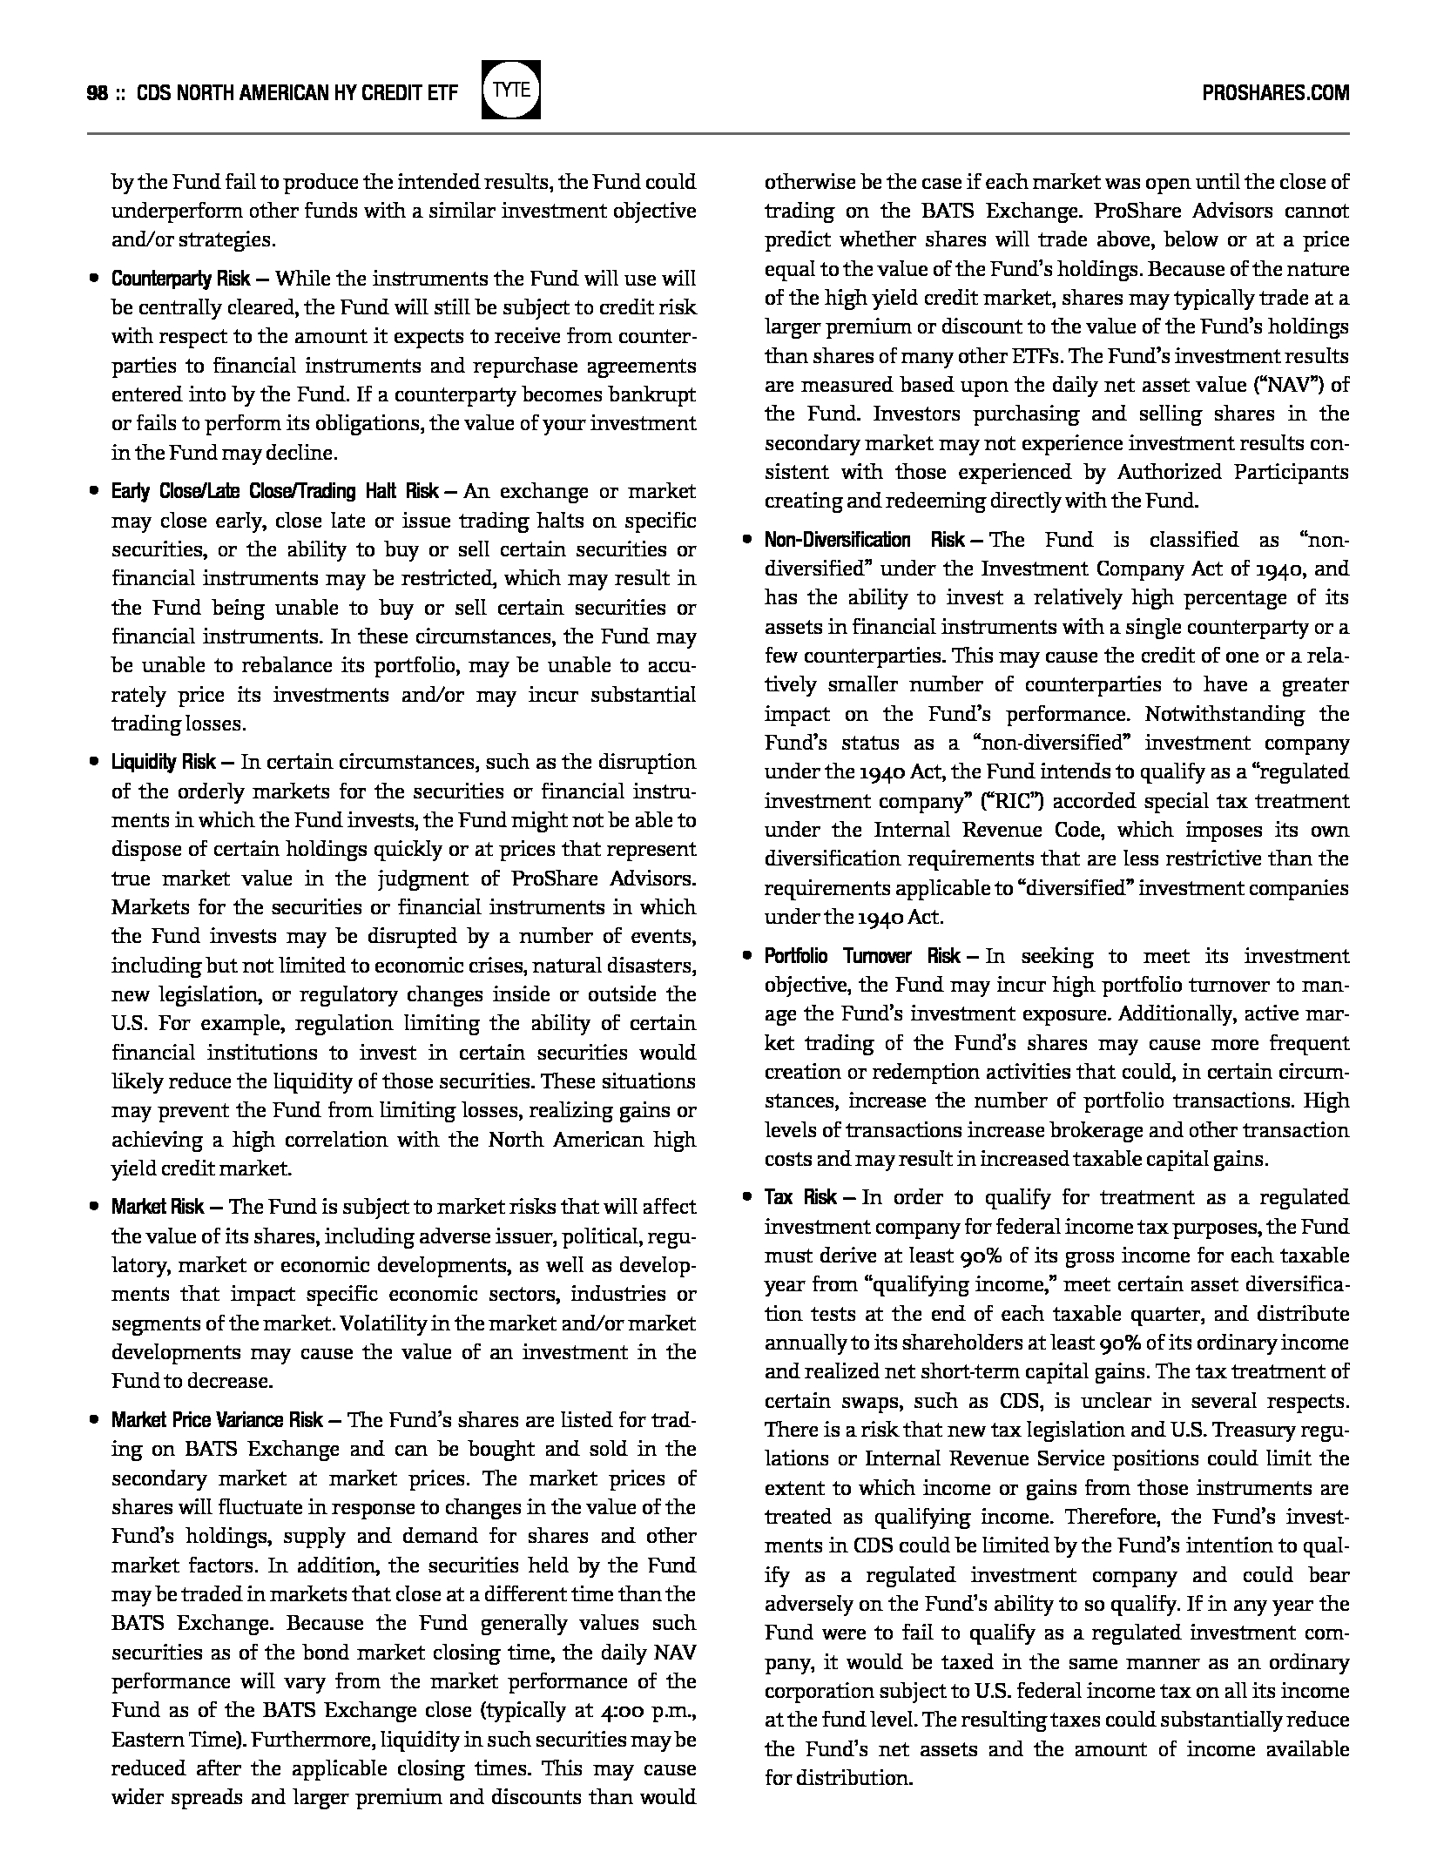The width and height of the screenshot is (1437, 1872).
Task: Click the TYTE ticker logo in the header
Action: [x=510, y=90]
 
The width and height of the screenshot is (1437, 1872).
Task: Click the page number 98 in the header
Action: [x=97, y=92]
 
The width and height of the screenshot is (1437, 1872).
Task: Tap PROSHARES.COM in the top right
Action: [x=1275, y=92]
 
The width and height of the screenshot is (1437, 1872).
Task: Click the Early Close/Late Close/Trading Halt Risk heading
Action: [x=274, y=492]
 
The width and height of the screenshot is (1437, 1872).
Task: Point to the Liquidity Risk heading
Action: [x=164, y=763]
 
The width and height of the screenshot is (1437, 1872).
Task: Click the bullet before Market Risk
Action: [x=93, y=1208]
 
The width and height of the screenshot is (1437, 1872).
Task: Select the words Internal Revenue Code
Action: [x=986, y=830]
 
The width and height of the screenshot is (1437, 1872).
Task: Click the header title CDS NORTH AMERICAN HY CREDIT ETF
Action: [x=297, y=92]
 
